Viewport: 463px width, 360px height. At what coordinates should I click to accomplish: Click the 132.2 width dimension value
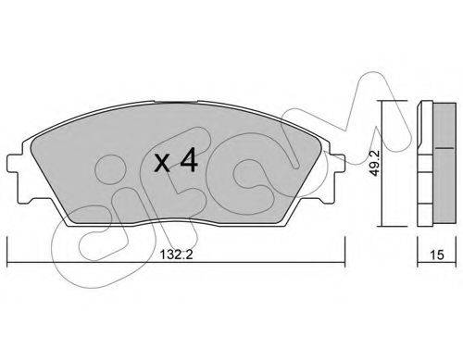tap(176, 254)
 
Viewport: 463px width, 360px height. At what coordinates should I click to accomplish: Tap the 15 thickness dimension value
tap(436, 254)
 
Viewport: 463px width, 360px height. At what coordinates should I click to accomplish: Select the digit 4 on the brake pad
tap(189, 159)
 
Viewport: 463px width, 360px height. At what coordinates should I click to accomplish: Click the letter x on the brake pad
tap(162, 163)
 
